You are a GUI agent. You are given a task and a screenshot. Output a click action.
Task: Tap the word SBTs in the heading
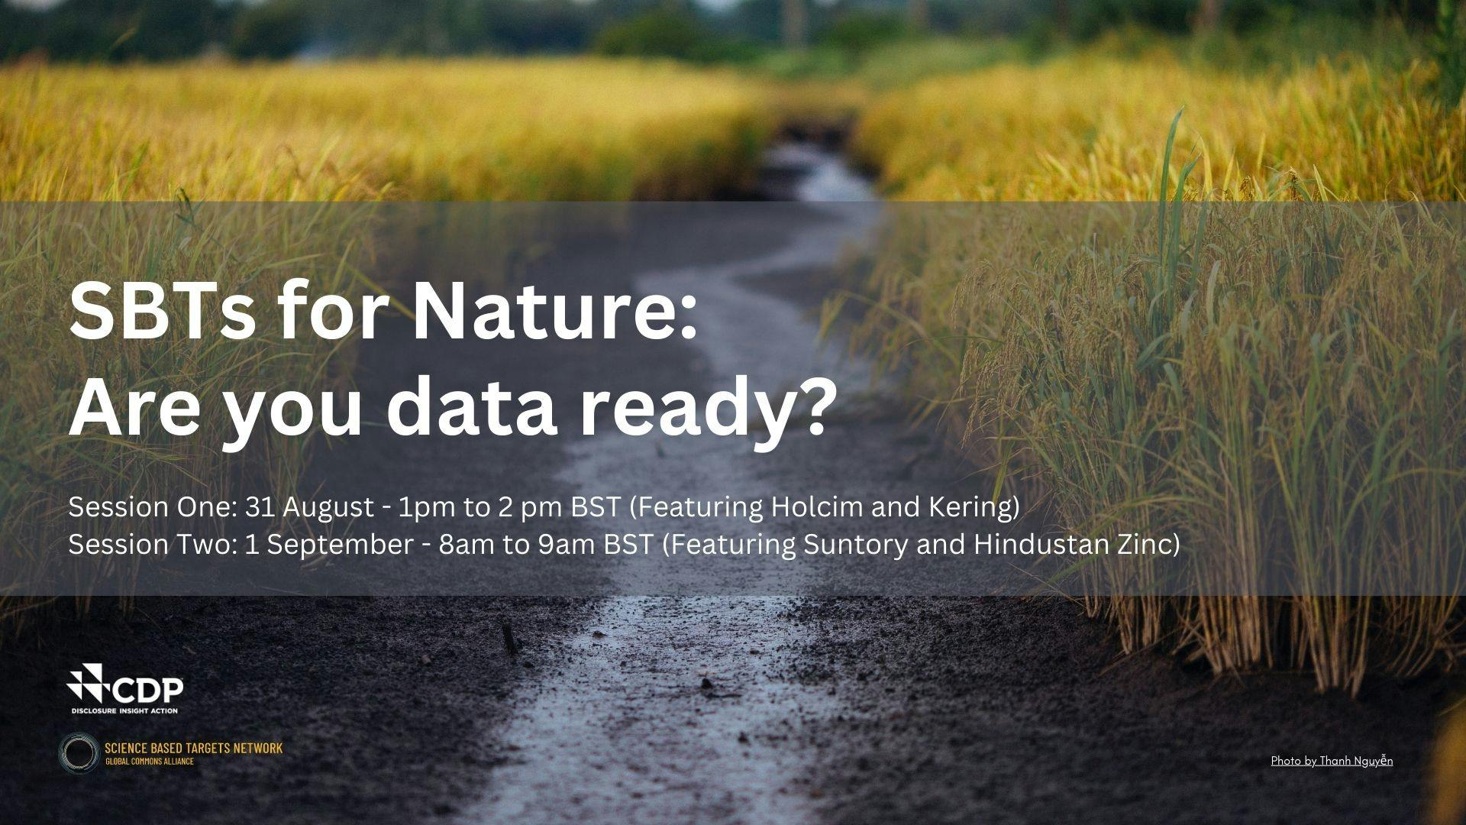point(163,312)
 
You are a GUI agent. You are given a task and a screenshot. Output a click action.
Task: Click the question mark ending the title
point(806,406)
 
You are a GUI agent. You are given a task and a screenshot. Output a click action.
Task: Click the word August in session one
point(328,508)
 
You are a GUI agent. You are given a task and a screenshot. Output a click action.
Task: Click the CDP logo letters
point(149,691)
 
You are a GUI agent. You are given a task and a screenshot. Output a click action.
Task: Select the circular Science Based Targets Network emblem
point(80,752)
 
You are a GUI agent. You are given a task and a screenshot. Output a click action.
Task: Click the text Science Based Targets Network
point(193,748)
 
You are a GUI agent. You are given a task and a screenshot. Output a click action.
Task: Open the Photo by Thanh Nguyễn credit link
point(1332,761)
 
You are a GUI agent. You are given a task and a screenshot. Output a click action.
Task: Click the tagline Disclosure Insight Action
point(124,710)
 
